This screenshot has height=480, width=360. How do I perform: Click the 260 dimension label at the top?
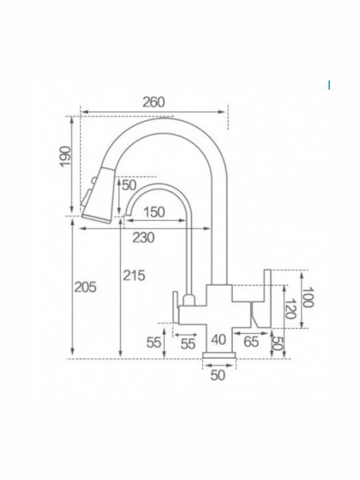pos(154,102)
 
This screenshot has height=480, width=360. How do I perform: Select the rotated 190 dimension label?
pos(65,157)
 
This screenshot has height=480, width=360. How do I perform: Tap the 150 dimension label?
pos(154,212)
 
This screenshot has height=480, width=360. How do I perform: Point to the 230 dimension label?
pos(143,237)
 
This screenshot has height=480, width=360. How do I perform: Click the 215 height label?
pos(134,275)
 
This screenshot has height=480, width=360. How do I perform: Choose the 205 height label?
pos(85,287)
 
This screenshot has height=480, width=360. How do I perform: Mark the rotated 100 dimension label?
pos(307,297)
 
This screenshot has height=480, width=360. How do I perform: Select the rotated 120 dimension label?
pos(289,309)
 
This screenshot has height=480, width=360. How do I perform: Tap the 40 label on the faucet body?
pos(219,339)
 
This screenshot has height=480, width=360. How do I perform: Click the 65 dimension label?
pos(251,341)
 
